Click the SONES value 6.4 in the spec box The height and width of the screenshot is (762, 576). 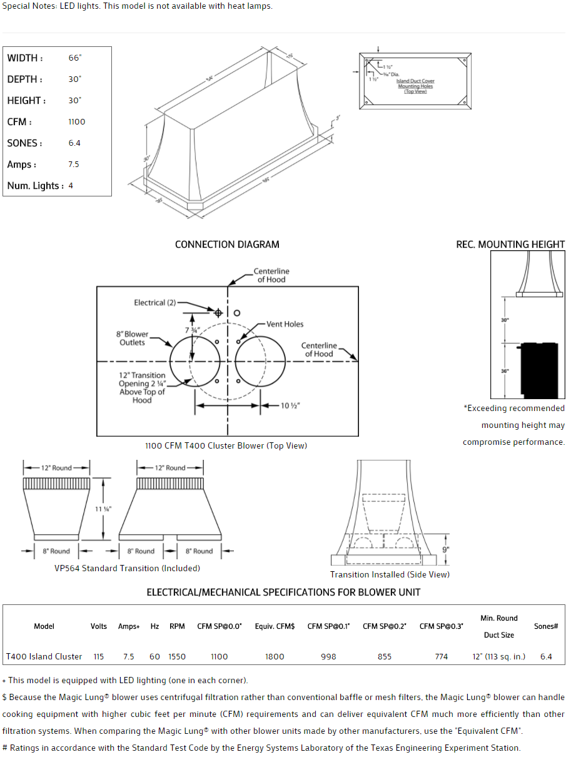74,143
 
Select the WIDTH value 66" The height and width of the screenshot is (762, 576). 75,58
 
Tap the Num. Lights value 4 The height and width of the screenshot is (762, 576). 71,186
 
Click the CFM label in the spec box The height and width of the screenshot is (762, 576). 19,122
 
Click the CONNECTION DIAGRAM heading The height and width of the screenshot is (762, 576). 227,245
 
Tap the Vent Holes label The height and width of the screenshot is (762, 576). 285,324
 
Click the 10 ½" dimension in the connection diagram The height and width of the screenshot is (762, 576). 290,406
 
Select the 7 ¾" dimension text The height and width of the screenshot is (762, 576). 193,330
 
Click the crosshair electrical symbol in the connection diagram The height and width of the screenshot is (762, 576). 218,313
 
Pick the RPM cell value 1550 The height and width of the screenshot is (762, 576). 177,656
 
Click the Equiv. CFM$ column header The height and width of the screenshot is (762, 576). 275,626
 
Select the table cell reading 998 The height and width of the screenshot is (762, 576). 328,656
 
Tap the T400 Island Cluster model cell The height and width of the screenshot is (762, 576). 44,656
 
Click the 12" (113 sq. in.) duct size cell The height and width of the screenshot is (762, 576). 498,656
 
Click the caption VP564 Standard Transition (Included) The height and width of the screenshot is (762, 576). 127,569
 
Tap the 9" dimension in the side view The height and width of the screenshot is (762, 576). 445,549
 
